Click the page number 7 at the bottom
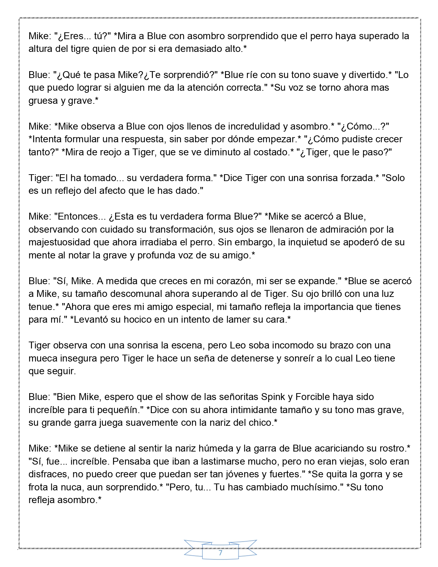pos(220,553)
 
